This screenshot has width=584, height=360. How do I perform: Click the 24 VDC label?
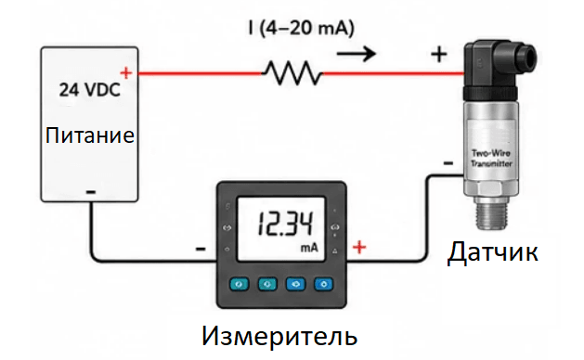(90, 90)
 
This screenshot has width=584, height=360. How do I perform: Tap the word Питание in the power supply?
(89, 135)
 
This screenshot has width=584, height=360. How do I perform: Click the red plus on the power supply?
(126, 72)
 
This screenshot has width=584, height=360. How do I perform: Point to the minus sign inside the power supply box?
(91, 192)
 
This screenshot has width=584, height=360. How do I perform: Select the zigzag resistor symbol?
(292, 73)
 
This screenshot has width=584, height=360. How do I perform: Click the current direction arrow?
(357, 54)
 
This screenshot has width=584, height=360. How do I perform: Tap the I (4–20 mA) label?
(301, 28)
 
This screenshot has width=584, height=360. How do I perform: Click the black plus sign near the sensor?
(439, 55)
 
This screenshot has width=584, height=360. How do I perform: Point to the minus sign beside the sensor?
(448, 163)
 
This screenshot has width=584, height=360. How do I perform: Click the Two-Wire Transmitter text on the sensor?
(491, 159)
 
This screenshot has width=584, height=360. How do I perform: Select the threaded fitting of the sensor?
(492, 214)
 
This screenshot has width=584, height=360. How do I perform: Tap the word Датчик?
(492, 252)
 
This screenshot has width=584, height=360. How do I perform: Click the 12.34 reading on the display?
(286, 224)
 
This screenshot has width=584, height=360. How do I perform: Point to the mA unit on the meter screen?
(309, 248)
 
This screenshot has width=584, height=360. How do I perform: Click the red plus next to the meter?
(359, 247)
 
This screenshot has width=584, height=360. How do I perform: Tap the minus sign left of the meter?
(201, 249)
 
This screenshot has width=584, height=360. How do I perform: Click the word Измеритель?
(279, 336)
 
